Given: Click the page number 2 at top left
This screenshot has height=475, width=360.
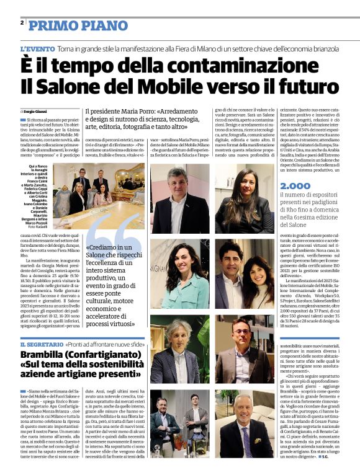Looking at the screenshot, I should tap(22, 22).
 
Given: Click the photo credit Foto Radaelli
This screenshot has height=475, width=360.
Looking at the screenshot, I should tap(38, 227).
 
